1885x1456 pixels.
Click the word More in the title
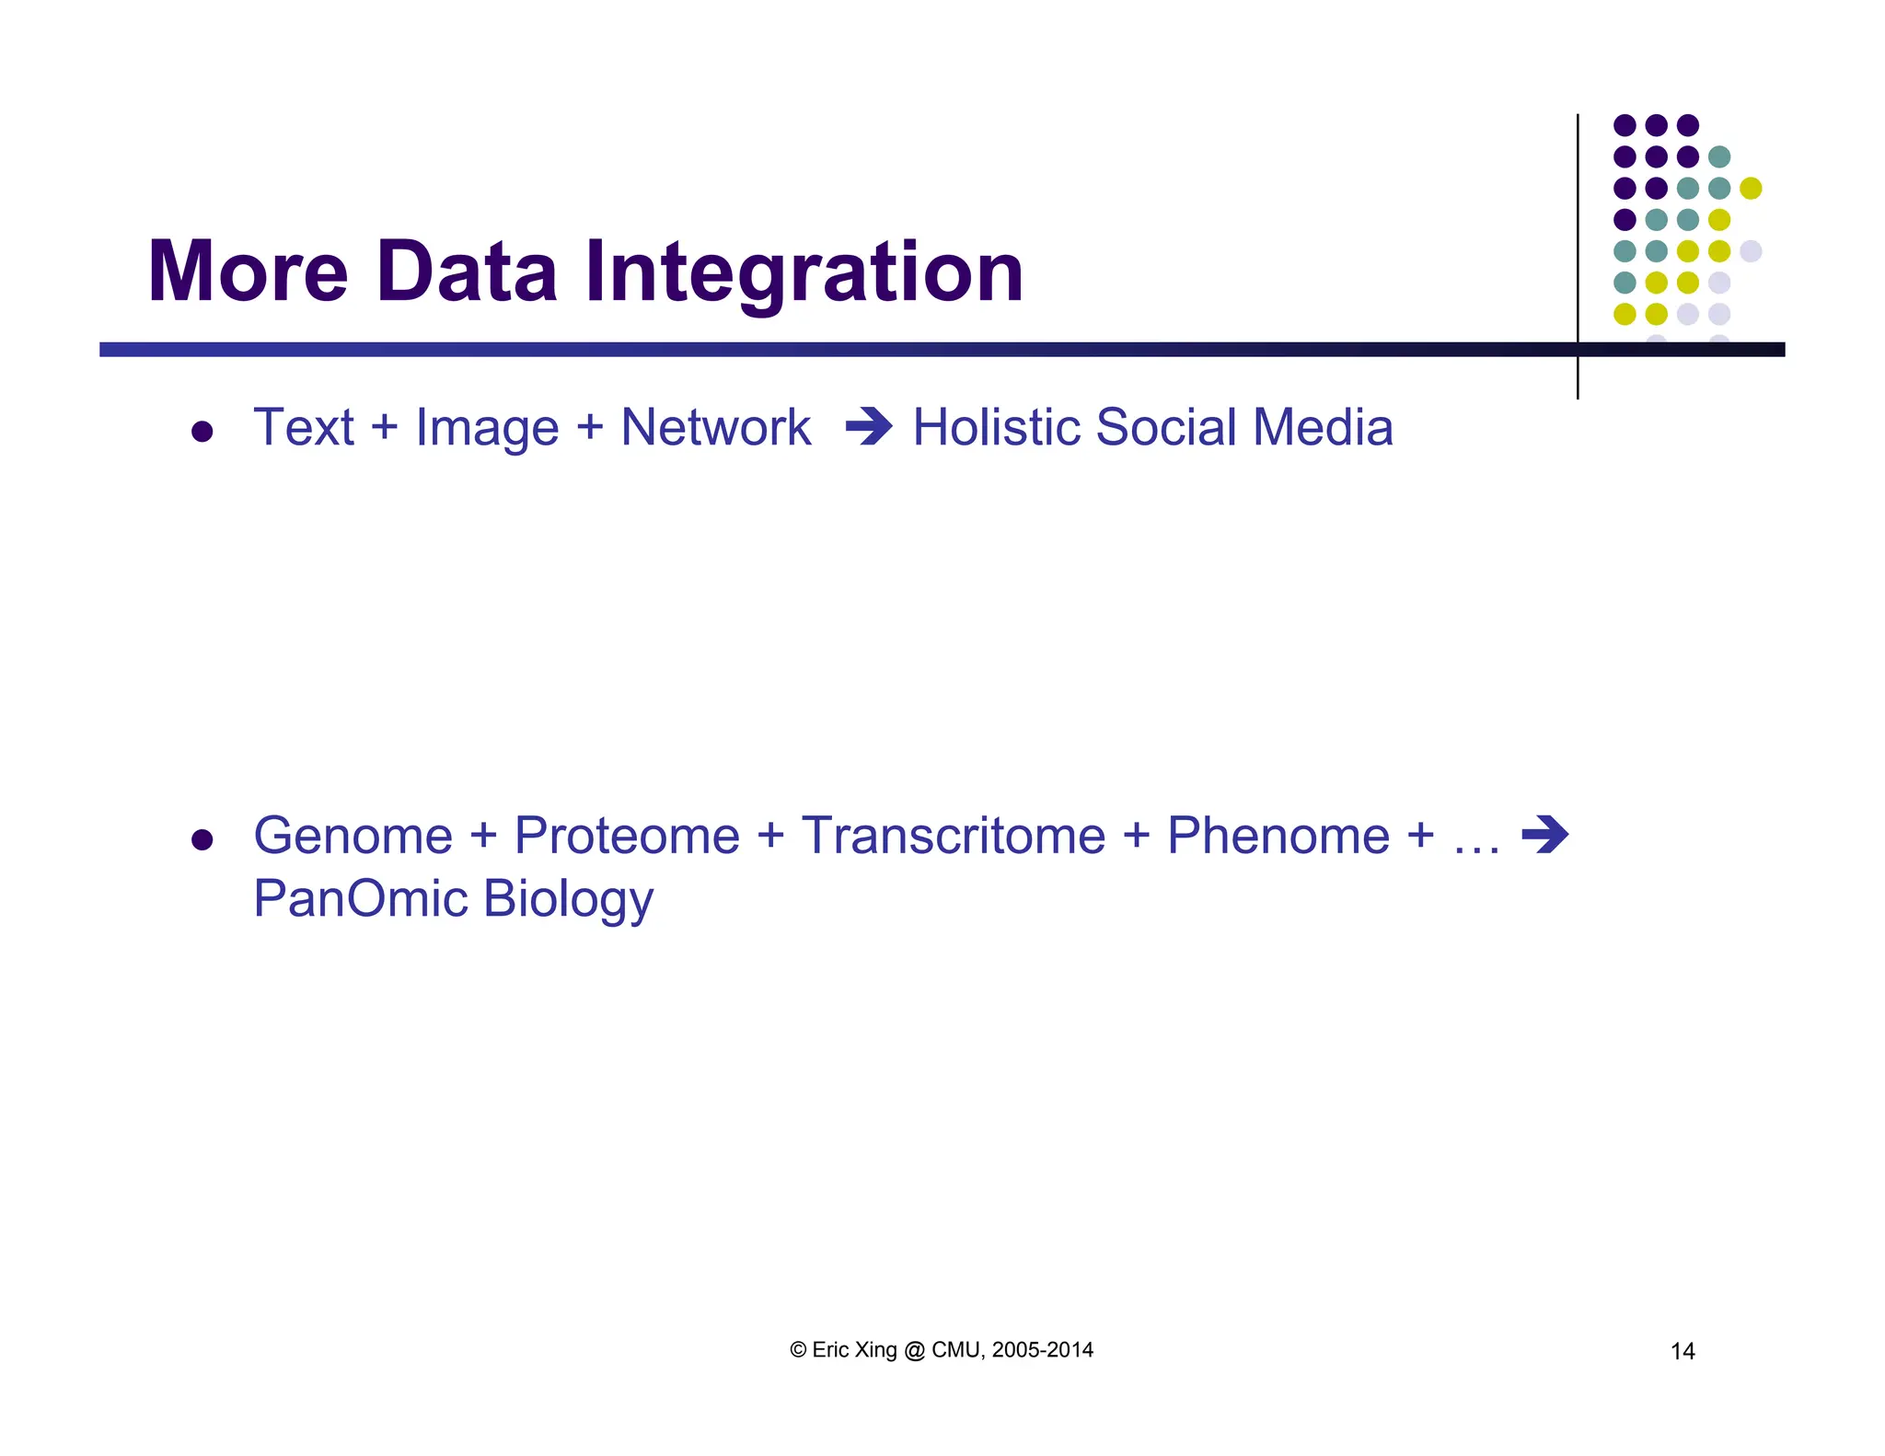point(248,272)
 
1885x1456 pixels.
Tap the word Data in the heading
point(467,272)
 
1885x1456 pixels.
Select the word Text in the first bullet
point(304,428)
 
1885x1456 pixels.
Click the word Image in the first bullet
point(487,428)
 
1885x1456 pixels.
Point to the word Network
point(715,428)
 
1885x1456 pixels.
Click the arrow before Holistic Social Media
point(869,427)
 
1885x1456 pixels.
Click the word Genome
point(353,836)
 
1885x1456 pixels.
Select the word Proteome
point(626,836)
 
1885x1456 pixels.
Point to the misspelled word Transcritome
point(953,836)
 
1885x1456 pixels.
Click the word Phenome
point(1278,836)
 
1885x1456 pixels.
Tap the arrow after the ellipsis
point(1544,835)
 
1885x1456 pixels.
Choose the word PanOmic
point(360,898)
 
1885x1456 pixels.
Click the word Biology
point(568,900)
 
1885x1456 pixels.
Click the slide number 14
point(1683,1351)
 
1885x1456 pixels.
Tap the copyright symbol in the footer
point(798,1350)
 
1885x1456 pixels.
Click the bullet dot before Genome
point(202,839)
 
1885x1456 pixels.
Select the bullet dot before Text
point(202,432)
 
